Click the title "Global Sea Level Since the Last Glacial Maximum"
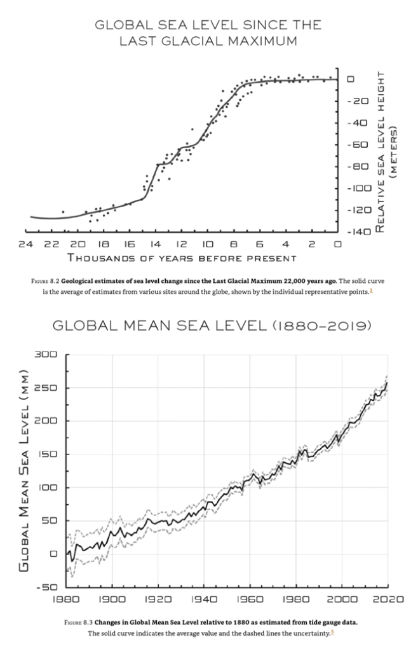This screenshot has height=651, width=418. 208,33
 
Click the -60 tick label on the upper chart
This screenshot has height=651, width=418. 360,145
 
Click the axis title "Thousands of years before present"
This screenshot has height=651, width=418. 182,258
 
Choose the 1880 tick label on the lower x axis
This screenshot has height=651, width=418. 66,600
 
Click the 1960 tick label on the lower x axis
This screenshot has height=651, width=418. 250,600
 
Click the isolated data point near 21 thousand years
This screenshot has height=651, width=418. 63,212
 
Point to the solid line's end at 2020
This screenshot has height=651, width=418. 387,383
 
